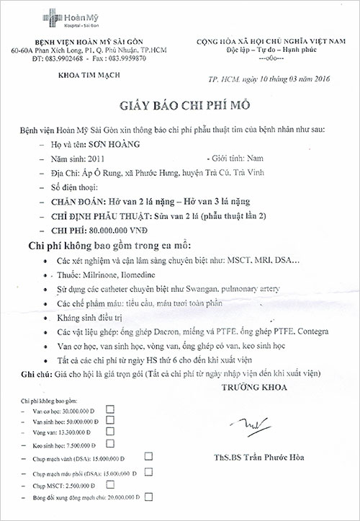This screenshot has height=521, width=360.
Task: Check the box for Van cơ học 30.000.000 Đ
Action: [110, 409]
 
